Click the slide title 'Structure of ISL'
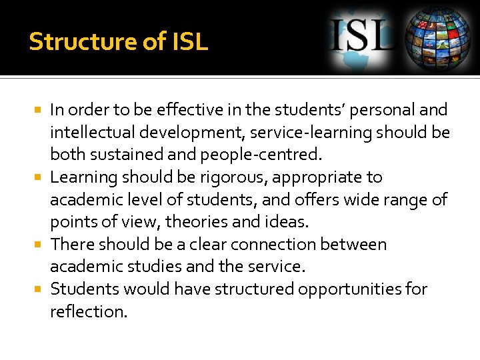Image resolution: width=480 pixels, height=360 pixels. click(119, 41)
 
